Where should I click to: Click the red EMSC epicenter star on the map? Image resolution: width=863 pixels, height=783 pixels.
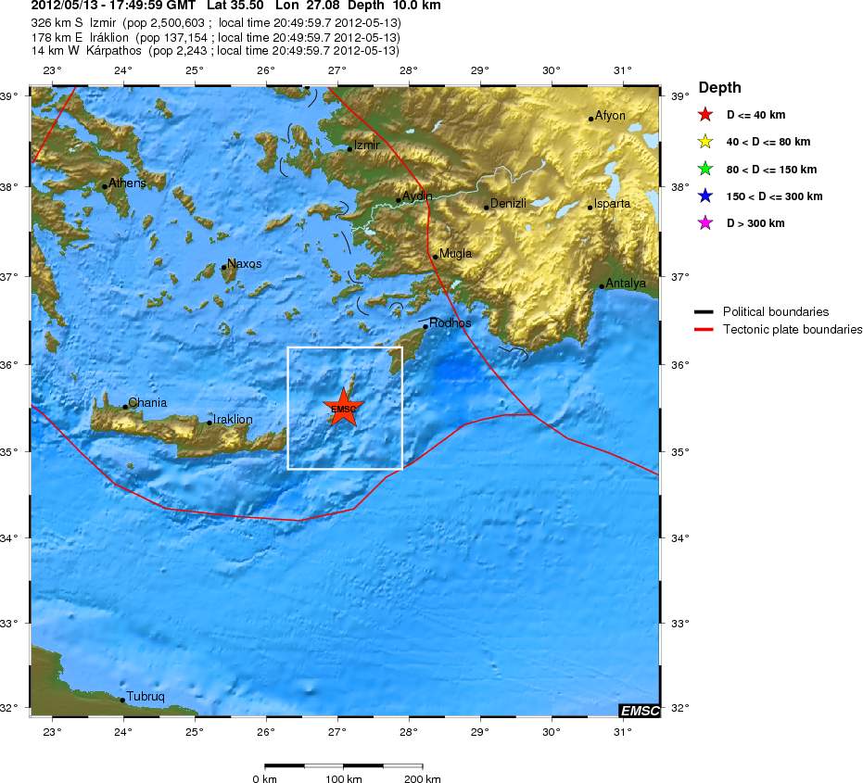click(x=343, y=408)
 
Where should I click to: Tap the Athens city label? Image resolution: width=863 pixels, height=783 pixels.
click(x=127, y=183)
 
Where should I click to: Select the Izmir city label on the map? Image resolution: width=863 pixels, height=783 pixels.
click(x=366, y=145)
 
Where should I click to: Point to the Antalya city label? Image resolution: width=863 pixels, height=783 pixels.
click(x=625, y=284)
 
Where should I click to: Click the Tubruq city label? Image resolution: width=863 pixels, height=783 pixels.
click(x=146, y=696)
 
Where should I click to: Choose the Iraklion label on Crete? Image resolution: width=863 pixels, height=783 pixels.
click(x=232, y=420)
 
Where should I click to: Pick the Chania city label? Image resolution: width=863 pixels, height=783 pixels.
click(x=147, y=403)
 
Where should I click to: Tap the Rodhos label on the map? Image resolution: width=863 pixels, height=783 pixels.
click(x=450, y=323)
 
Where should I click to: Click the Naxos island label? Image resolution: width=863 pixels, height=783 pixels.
click(x=244, y=264)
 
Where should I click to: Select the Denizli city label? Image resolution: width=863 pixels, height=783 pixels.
click(x=508, y=203)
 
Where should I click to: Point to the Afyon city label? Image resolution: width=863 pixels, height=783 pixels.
click(x=610, y=116)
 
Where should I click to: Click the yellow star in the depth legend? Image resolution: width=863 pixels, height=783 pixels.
click(x=705, y=142)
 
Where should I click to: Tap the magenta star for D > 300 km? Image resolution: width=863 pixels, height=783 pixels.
click(x=705, y=223)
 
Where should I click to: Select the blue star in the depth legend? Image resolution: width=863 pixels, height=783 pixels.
click(x=705, y=196)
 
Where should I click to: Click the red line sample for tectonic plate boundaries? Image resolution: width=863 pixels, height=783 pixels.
click(x=704, y=330)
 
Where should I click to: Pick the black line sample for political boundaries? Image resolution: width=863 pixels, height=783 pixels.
click(x=704, y=312)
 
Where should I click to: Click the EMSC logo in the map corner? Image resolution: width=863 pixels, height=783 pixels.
click(x=640, y=711)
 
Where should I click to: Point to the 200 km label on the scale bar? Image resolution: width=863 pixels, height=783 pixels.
click(x=422, y=779)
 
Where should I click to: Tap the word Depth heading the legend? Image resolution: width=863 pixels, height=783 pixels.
click(x=720, y=88)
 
